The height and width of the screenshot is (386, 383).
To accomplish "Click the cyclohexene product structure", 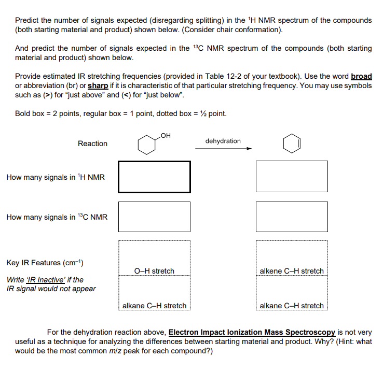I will pyautogui.click(x=292, y=144).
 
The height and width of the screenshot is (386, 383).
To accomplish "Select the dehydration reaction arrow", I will pyautogui.click(x=223, y=149).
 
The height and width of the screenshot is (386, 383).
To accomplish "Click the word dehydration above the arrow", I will pyautogui.click(x=223, y=141).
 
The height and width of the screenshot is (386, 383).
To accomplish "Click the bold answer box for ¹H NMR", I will pyautogui.click(x=154, y=177).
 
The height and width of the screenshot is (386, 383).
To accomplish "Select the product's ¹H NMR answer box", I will pyautogui.click(x=292, y=176).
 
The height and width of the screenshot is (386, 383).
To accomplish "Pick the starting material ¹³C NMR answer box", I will pyautogui.click(x=154, y=217).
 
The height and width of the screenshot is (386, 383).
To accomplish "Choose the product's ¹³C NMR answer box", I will pyautogui.click(x=292, y=217).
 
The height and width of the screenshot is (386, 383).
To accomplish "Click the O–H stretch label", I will pyautogui.click(x=154, y=271).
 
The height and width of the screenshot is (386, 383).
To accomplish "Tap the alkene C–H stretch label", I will pyautogui.click(x=292, y=271).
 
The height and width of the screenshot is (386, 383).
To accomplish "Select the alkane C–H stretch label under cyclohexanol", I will pyautogui.click(x=154, y=306).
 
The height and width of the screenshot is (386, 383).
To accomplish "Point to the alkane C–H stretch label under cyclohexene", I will pyautogui.click(x=292, y=306).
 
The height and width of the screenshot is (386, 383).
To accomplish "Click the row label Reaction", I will pyautogui.click(x=92, y=144).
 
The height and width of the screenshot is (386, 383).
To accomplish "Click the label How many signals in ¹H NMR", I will pyautogui.click(x=56, y=177).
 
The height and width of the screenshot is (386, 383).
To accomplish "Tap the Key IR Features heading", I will pyautogui.click(x=42, y=263).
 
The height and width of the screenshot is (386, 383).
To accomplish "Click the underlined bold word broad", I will pyautogui.click(x=361, y=76).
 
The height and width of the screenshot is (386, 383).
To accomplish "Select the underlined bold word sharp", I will pyautogui.click(x=98, y=85).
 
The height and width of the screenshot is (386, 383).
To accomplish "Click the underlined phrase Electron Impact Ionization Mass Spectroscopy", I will pyautogui.click(x=253, y=332).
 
